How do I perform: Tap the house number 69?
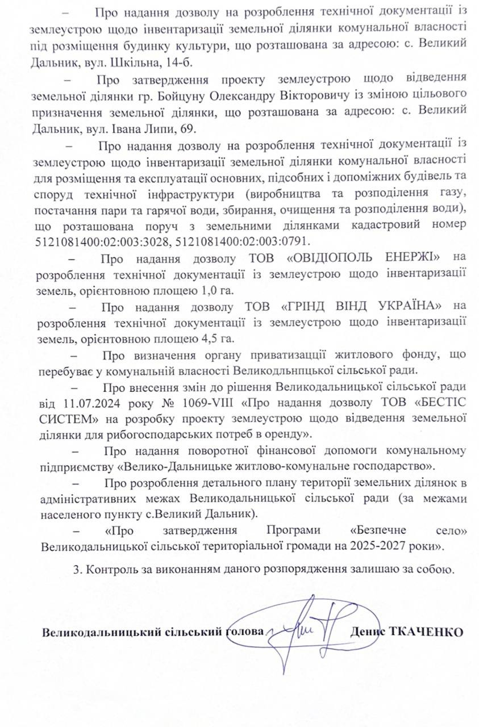tap(186, 128)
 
